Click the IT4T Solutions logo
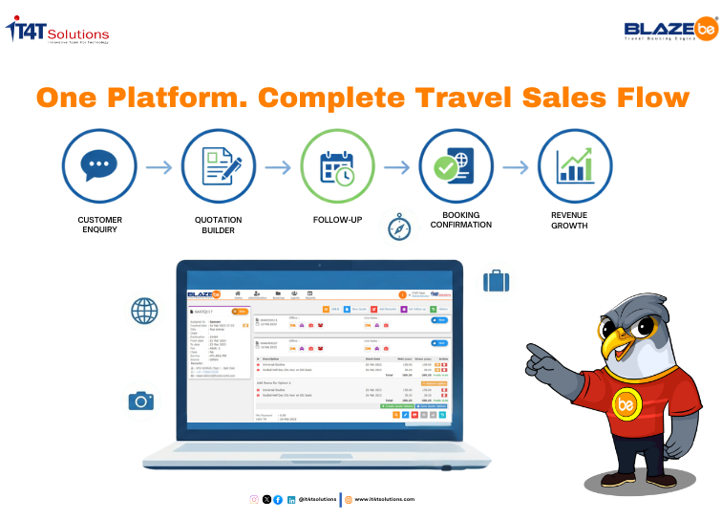58,32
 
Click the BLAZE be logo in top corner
669,32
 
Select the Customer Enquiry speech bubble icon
99,166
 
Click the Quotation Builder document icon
219,166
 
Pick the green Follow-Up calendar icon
337,166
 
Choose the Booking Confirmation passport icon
456,166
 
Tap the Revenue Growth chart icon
575,166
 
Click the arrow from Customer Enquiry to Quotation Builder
159,167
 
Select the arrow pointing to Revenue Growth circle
516,167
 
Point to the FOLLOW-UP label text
337,219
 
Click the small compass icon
398,227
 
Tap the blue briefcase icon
496,281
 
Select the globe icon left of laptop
143,311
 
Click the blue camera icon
141,401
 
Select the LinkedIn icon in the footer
291,499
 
